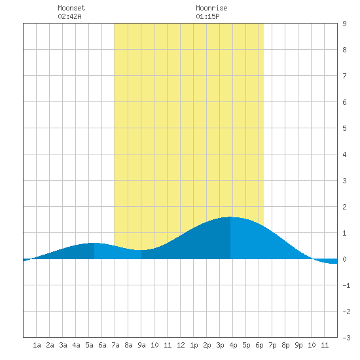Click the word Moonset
(x=71, y=8)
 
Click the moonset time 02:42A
(x=69, y=16)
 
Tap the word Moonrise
(x=211, y=8)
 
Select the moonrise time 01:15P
(x=207, y=16)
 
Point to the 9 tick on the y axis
(x=344, y=24)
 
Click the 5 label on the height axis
(x=344, y=128)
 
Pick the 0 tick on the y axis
(x=344, y=259)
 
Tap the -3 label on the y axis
(x=346, y=338)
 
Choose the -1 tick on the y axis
(x=346, y=285)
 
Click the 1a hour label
(x=37, y=345)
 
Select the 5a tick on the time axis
(x=89, y=345)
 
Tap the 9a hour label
(x=141, y=345)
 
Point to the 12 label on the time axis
(x=181, y=345)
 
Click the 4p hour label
(x=233, y=345)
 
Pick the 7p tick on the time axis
(x=272, y=345)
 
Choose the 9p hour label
(x=298, y=345)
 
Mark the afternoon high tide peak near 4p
(x=230, y=217)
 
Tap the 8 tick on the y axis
(x=344, y=50)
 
